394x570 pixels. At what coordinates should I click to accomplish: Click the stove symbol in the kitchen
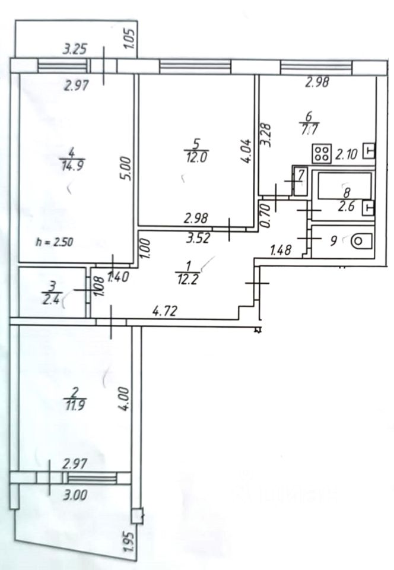(322, 154)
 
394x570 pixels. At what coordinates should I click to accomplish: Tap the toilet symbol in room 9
(360, 241)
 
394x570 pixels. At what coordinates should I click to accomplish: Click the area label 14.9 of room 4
(71, 166)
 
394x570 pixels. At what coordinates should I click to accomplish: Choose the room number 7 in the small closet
(300, 176)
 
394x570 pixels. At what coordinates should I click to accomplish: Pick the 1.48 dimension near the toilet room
(281, 251)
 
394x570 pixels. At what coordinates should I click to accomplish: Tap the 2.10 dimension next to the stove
(347, 155)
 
